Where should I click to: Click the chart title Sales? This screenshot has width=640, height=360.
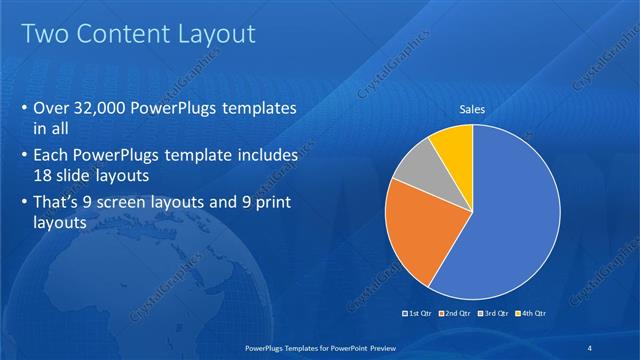coord(472,110)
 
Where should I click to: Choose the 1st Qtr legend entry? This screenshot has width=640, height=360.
coord(418,313)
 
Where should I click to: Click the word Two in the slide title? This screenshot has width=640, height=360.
coord(45,35)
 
